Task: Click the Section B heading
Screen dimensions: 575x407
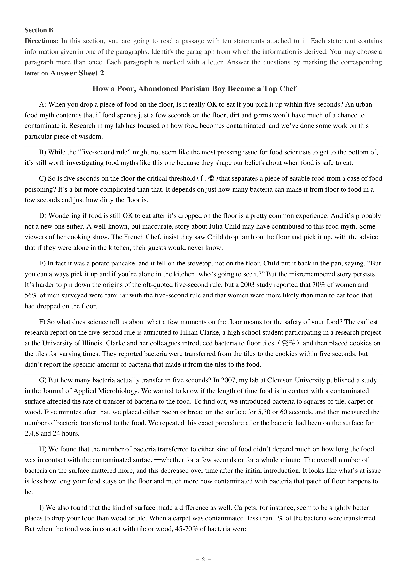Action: [39, 30]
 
